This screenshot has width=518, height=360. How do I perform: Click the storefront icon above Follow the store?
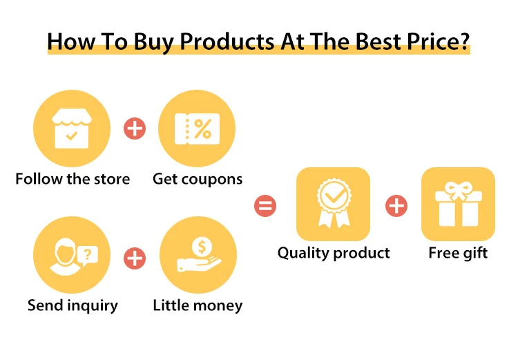(x=72, y=129)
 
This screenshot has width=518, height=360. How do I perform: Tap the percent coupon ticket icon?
(x=198, y=129)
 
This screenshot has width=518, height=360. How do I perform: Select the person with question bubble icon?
(x=74, y=256)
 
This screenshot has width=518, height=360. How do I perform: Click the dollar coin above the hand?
(x=202, y=246)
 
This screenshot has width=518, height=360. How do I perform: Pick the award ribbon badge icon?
(x=334, y=203)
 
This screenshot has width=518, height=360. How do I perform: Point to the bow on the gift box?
(x=458, y=190)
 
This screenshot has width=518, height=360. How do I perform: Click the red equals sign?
(x=265, y=206)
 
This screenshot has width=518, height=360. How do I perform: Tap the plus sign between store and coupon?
(x=135, y=129)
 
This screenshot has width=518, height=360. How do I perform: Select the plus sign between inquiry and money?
(x=135, y=258)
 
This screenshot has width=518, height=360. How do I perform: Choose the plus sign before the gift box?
(x=396, y=206)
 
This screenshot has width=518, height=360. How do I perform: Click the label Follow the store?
(x=73, y=179)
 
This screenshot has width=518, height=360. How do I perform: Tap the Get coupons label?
(x=198, y=180)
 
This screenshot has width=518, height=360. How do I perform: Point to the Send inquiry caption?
(x=73, y=306)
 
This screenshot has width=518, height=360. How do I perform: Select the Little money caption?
(x=198, y=306)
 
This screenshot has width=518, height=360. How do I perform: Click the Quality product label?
(x=334, y=253)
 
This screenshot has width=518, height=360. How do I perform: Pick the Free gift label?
(x=458, y=253)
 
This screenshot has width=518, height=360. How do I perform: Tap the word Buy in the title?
(x=153, y=42)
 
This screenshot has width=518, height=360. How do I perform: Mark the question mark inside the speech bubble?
(x=87, y=254)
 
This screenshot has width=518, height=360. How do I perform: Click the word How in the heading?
(x=71, y=41)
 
